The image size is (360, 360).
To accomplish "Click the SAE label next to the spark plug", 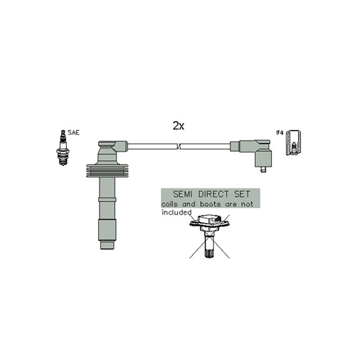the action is pos(73,132).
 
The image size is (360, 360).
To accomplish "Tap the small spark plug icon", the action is pos(63,148).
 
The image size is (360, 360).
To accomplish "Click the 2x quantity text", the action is pos(178,126).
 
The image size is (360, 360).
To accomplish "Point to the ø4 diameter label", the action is pos(279,132).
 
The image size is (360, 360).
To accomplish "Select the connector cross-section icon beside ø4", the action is pos(293,142).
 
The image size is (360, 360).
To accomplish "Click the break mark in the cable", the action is pos(178,146).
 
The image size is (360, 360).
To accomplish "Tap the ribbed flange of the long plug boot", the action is pos(107,171).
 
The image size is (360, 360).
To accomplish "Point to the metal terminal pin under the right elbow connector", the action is pos(263,170).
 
